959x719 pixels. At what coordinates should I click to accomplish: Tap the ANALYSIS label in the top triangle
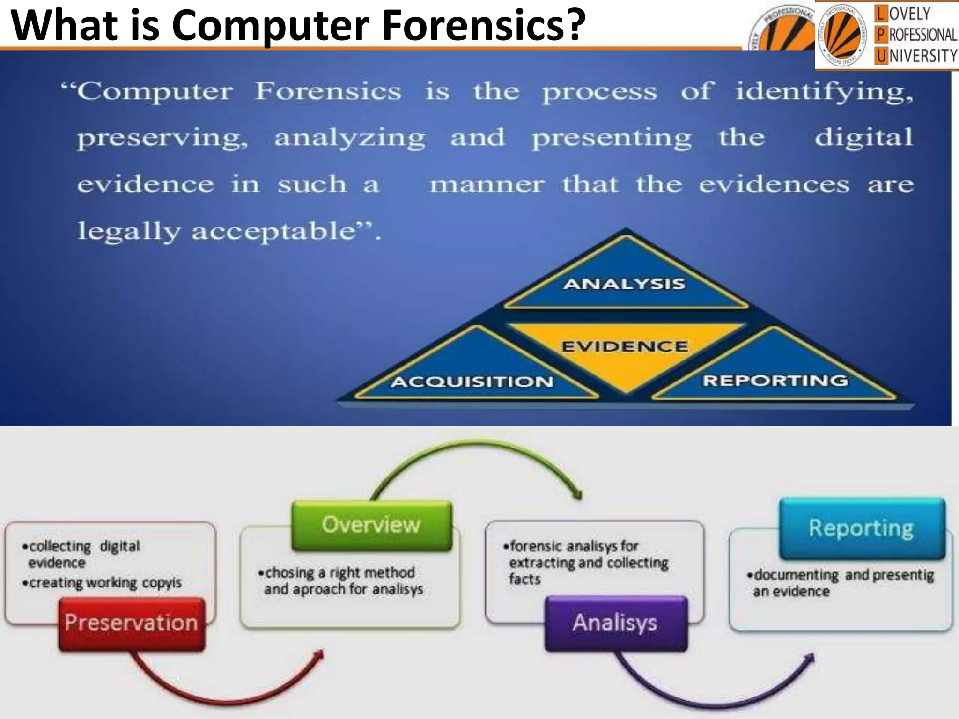[x=624, y=284]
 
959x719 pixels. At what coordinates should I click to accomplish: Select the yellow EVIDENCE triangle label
[x=625, y=347]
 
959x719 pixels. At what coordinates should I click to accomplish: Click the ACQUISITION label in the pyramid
[x=472, y=382]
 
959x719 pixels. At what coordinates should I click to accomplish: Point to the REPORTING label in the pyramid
[x=775, y=381]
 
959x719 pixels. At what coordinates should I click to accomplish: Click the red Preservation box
[x=132, y=623]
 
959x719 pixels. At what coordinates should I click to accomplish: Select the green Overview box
[x=371, y=525]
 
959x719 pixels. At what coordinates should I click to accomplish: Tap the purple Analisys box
[x=615, y=623]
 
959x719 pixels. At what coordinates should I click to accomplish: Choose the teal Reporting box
[x=861, y=528]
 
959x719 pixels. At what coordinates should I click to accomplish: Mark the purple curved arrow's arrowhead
[x=810, y=658]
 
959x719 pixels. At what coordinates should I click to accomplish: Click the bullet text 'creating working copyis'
[x=105, y=583]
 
